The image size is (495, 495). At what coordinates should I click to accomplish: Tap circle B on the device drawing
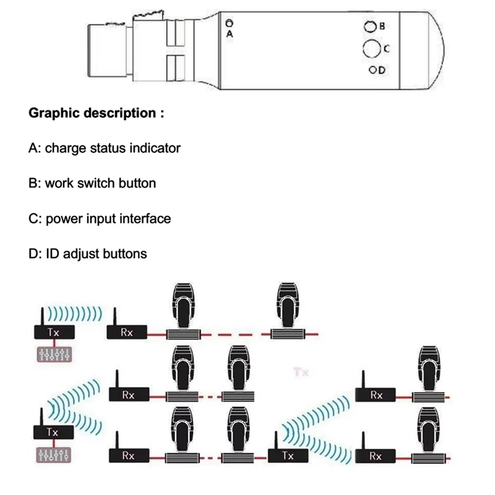[369, 27]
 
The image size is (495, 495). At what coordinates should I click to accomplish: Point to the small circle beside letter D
[372, 70]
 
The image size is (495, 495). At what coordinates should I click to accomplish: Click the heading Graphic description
[97, 114]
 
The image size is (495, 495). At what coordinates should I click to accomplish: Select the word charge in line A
[62, 148]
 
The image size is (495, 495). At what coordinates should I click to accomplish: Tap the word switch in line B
[93, 184]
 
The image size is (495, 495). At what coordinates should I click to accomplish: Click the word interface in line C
[147, 219]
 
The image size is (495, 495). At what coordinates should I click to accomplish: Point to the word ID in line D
[52, 254]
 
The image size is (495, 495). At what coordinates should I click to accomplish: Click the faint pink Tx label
[300, 372]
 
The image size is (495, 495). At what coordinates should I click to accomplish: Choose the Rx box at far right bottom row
[375, 456]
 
